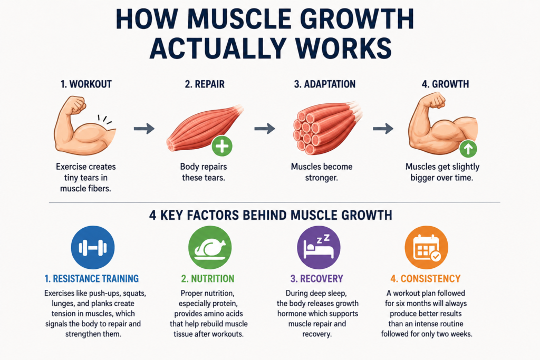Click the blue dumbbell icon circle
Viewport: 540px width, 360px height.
point(93,247)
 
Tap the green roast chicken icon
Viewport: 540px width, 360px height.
point(210,247)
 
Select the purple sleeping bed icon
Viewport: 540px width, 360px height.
point(319,247)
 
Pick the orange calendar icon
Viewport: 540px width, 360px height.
point(426,247)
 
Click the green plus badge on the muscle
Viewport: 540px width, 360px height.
point(222,146)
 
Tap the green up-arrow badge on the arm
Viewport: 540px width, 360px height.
point(468,149)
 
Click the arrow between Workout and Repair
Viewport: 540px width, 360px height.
point(144,129)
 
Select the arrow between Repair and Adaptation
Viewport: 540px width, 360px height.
point(265,129)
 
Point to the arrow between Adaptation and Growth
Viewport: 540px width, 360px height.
point(383,129)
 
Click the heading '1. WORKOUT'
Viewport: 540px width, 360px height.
point(86,84)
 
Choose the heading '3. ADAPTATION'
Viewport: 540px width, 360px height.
point(325,84)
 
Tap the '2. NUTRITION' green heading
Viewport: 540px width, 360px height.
point(208,278)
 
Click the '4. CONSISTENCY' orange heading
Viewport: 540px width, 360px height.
point(426,278)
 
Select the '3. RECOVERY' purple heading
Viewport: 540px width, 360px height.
point(317,278)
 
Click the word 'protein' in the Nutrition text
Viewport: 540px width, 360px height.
point(224,304)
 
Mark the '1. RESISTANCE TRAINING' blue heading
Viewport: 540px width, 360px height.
point(92,278)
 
